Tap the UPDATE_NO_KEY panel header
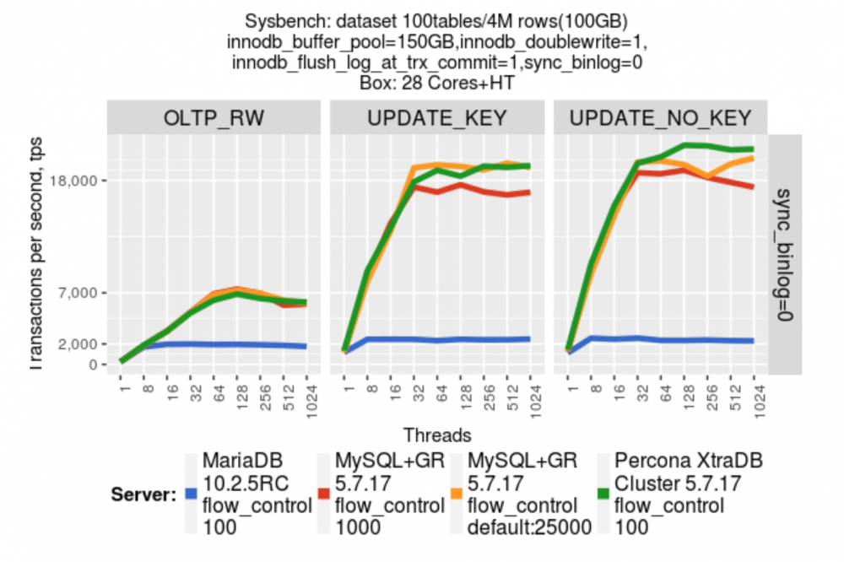click(660, 119)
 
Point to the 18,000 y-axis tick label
click(78, 181)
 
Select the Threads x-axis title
click(437, 435)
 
